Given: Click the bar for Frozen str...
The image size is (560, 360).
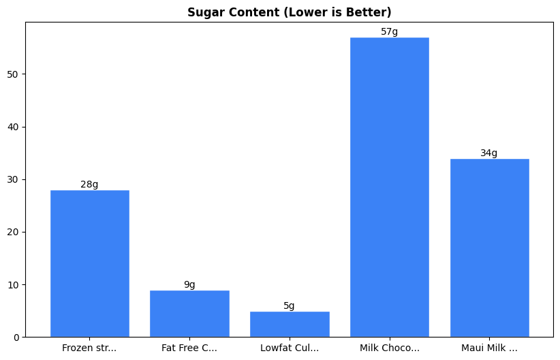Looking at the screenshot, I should tap(89, 263).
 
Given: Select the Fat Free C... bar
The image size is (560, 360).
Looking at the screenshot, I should tap(189, 314).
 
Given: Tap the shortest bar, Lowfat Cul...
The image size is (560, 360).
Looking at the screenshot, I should tap(290, 324).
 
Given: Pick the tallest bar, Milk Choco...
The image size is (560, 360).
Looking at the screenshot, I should tap(389, 187).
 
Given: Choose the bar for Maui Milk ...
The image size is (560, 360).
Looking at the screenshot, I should tap(489, 247).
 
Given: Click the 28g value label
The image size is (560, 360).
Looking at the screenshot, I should tap(89, 184).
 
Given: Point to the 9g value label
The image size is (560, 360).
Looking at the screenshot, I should tap(189, 284).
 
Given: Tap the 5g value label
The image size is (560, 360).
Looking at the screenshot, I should tap(290, 305).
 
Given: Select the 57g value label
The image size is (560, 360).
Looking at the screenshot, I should tap(389, 31).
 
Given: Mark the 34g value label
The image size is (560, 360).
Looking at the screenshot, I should tap(489, 153).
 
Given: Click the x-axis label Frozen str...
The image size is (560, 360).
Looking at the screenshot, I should tap(89, 348).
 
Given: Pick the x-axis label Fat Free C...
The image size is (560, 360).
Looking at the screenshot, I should tap(189, 348).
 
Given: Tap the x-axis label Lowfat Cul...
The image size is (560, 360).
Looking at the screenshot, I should tap(290, 348).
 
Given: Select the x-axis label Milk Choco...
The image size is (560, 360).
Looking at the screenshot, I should tap(389, 348).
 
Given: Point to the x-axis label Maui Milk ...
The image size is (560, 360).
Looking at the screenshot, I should tap(489, 348).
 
